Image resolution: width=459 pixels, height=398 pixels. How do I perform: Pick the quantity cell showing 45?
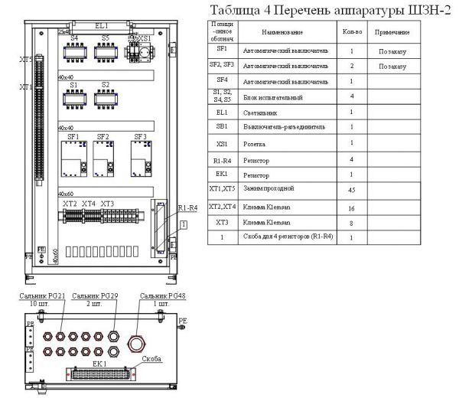pyautogui.click(x=350, y=188)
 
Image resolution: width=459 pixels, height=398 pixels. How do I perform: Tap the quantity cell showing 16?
pyautogui.click(x=350, y=207)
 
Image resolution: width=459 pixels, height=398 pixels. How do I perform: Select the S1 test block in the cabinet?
pyautogui.click(x=74, y=98)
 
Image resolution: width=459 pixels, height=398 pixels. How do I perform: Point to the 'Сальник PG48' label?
pyautogui.click(x=158, y=295)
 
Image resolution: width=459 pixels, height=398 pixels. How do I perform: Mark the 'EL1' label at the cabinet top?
pyautogui.click(x=102, y=25)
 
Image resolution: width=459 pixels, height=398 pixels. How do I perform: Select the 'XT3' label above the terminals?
pyautogui.click(x=107, y=204)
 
